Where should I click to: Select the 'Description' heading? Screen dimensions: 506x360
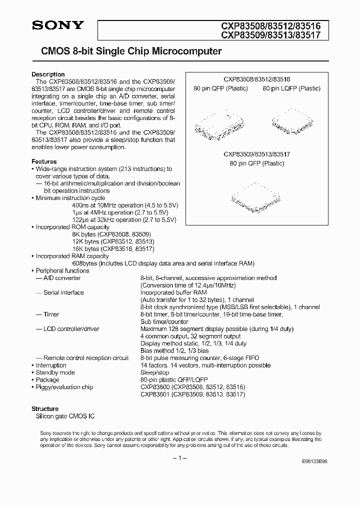(48, 74)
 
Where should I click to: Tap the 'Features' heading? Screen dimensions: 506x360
(44, 161)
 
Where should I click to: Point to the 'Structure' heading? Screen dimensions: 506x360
(45, 408)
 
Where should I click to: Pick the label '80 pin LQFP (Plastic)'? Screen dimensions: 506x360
(291, 88)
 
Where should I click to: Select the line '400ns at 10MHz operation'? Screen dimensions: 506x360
(125, 205)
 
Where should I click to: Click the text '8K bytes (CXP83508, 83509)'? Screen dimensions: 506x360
(111, 234)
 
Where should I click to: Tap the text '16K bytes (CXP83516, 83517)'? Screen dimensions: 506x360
(113, 248)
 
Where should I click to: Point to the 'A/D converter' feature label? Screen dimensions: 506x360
(62, 278)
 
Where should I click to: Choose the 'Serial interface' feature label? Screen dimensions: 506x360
(63, 292)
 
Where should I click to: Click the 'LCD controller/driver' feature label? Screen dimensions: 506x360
(71, 329)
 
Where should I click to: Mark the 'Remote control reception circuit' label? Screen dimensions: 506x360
(86, 358)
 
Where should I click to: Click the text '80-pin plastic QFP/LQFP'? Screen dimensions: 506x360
(173, 380)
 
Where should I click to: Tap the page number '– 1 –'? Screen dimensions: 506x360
(179, 458)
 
